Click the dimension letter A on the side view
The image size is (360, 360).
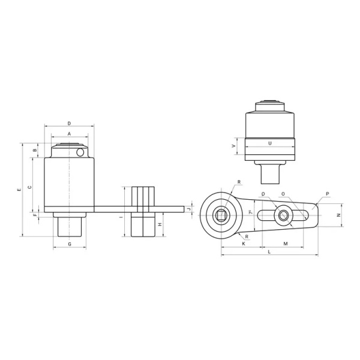[x=69, y=134]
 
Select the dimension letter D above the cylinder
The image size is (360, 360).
[x=69, y=123]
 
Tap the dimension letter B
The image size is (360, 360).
[x=35, y=150]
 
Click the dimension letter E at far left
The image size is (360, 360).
[x=20, y=189]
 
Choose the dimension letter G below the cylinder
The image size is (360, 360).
[x=69, y=244]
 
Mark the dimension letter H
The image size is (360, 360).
[x=160, y=224]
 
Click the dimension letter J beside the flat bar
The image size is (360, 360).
[x=189, y=209]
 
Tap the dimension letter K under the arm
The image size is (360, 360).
[x=244, y=244]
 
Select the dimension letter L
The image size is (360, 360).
[x=269, y=252]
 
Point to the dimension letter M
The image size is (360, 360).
[x=285, y=244]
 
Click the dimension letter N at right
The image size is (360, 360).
[x=338, y=215]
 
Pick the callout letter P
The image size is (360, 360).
[x=327, y=193]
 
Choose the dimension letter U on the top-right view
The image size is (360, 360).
[x=269, y=143]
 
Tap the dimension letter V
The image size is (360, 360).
[x=233, y=146]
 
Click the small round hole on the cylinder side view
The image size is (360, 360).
[x=80, y=152]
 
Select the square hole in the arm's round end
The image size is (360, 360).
[x=222, y=215]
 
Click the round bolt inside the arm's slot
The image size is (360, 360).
[x=282, y=215]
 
